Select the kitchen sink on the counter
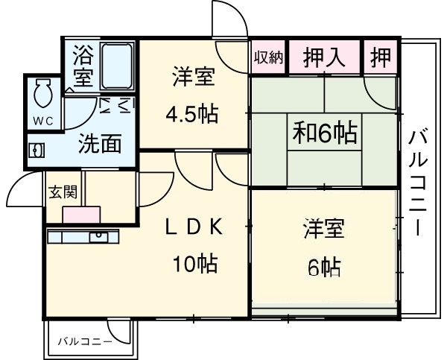(99, 237)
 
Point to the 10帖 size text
(196, 263)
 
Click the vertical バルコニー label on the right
(418, 181)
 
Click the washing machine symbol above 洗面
(116, 106)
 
